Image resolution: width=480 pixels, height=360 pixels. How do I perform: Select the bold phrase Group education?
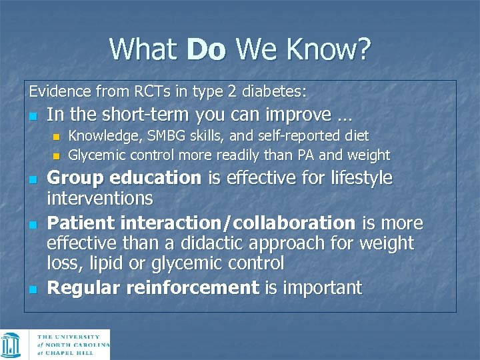click(x=124, y=179)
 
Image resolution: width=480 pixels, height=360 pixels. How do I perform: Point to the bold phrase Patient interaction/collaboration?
click(x=201, y=223)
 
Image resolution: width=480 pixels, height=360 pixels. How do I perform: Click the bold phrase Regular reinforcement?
click(x=153, y=288)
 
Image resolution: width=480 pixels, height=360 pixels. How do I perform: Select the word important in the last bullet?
click(x=323, y=288)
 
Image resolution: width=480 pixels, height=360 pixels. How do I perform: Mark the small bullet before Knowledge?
click(x=57, y=137)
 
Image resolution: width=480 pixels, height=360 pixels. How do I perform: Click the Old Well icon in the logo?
click(x=11, y=345)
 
